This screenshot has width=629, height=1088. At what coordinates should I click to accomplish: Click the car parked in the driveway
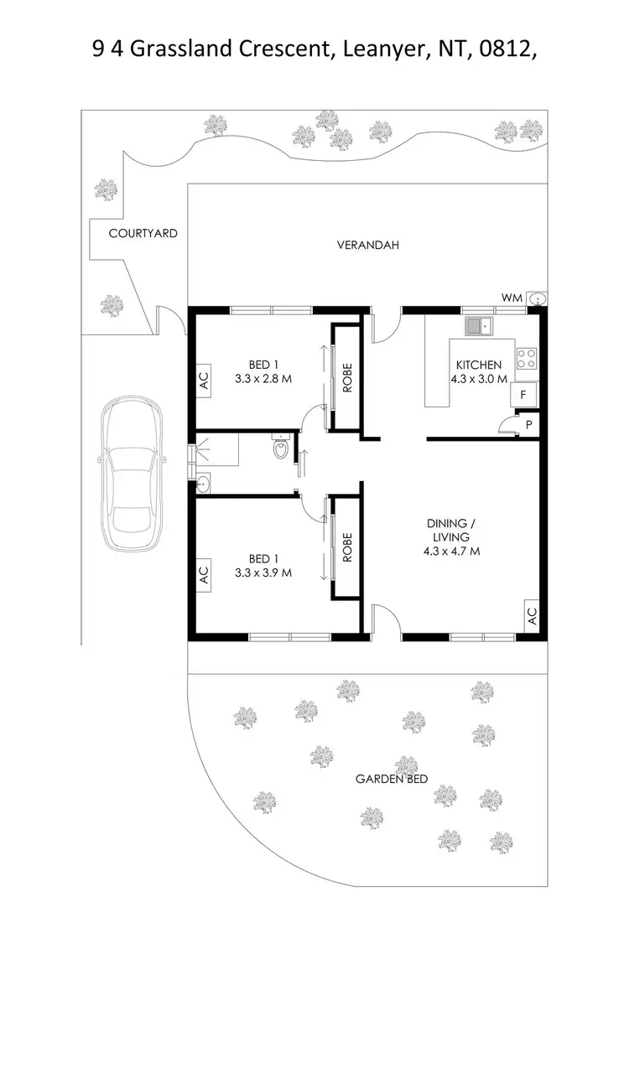pos(131,474)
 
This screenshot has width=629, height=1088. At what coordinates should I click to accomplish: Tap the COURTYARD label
pos(143,234)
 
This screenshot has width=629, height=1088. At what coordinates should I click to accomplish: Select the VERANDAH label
pos(367,246)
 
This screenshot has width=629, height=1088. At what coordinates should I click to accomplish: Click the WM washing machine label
pos(512,298)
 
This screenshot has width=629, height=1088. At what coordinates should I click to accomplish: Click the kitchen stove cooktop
pos(526,359)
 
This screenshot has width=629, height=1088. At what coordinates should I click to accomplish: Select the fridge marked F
pos(524,394)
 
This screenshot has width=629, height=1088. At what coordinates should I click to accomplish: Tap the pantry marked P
pos(528,425)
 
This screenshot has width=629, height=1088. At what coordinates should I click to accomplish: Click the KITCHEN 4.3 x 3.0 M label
pos(479,371)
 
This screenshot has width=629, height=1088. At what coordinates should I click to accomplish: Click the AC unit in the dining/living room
pos(531,616)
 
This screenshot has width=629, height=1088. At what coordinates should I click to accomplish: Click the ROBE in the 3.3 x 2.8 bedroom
pos(346,378)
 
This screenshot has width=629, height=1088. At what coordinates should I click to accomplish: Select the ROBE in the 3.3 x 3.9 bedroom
pos(346,547)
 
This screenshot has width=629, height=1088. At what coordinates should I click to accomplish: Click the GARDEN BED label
pos(392,779)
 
